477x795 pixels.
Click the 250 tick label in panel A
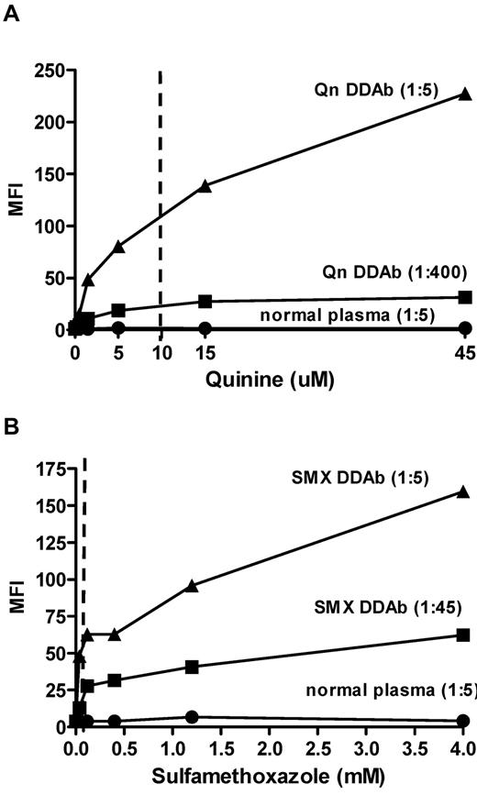[x=48, y=71]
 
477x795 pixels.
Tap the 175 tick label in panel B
[x=48, y=470]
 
